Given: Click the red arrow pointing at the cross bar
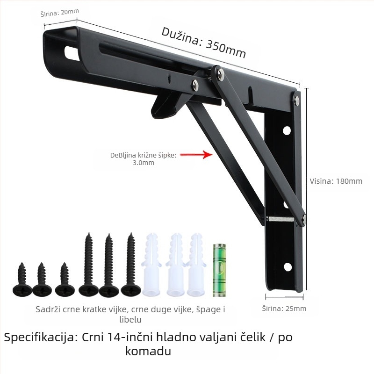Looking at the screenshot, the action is [x=196, y=155].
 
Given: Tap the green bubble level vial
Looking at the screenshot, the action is [x=219, y=270].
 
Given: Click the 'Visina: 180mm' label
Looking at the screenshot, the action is [x=336, y=181].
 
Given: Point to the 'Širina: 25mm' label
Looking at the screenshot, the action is [x=284, y=309].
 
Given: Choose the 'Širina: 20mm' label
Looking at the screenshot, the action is [x=60, y=13].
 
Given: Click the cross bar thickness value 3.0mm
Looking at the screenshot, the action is [x=144, y=163].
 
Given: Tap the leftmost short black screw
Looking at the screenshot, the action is [x=22, y=279].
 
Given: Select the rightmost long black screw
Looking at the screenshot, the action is [x=131, y=264].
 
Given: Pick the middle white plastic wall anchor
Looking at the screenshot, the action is [x=175, y=264].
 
